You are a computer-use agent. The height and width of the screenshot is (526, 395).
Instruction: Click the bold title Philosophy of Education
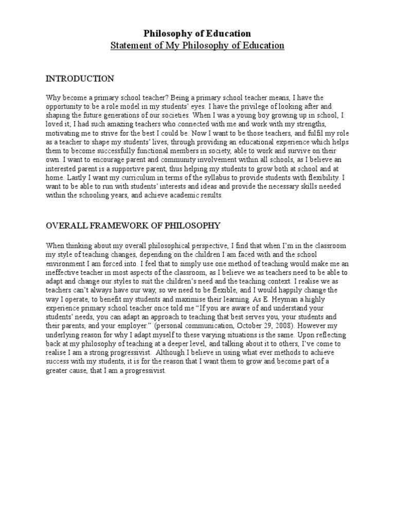tap(197, 34)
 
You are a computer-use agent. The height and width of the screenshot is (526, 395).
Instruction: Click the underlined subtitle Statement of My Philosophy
tap(197, 46)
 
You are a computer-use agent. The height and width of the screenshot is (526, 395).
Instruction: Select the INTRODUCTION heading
tap(80, 79)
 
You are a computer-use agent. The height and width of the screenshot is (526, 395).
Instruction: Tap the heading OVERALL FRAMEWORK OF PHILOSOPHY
tap(133, 225)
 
